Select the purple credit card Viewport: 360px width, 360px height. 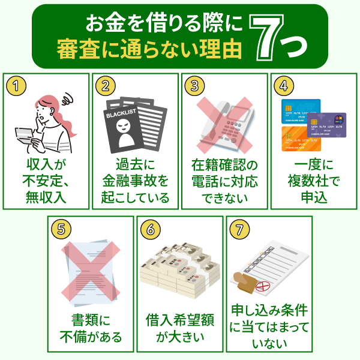[x=326, y=125]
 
